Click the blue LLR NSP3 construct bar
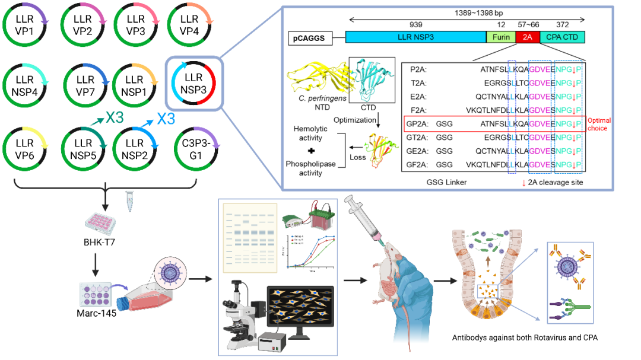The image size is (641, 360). click(415, 37)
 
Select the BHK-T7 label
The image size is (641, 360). click(99, 241)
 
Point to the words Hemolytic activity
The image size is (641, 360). click(312, 133)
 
